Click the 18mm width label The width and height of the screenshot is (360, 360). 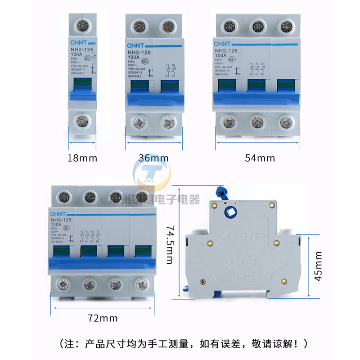pyautogui.click(x=82, y=158)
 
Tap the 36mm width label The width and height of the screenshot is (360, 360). pyautogui.click(x=153, y=158)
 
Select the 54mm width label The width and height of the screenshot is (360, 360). pyautogui.click(x=260, y=158)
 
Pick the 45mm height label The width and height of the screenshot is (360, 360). pyautogui.click(x=319, y=266)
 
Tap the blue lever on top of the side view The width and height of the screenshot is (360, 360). pyautogui.click(x=223, y=192)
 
